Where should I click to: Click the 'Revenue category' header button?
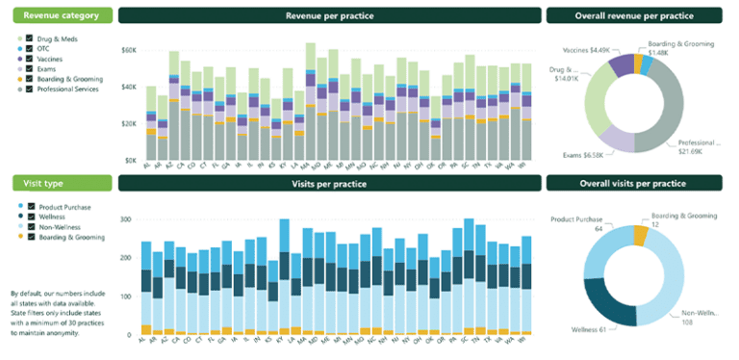click(x=62, y=15)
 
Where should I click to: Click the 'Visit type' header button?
click(x=62, y=183)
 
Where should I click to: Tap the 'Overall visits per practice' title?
click(x=633, y=183)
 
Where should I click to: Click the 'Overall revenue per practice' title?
click(x=633, y=15)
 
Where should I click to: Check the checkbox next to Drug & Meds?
click(x=30, y=39)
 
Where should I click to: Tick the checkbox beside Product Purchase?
click(x=30, y=206)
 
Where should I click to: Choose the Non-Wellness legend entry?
click(x=59, y=226)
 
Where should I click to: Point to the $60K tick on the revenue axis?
click(x=128, y=50)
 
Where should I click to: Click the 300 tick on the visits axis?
click(x=125, y=219)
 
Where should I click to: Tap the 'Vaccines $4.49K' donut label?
click(x=587, y=50)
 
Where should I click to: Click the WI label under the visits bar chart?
click(x=525, y=341)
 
